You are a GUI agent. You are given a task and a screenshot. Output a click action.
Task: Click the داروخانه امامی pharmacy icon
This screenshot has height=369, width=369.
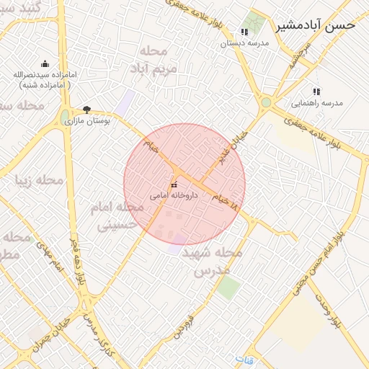174,186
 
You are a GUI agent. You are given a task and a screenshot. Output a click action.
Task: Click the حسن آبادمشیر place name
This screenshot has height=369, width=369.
316,25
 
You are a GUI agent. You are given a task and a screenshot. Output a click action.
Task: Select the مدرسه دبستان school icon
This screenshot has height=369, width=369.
244,32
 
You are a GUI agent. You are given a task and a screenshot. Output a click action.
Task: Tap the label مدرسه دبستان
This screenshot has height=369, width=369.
244,43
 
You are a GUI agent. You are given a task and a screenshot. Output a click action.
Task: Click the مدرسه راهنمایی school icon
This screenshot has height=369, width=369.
316,92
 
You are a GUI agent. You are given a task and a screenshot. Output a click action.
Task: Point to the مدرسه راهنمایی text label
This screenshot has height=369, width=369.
316,103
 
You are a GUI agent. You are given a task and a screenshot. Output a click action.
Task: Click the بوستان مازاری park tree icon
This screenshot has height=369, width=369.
87,110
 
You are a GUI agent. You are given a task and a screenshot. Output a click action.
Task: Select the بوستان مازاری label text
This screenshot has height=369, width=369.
87,121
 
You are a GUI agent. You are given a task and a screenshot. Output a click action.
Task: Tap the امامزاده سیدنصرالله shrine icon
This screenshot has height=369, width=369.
45,63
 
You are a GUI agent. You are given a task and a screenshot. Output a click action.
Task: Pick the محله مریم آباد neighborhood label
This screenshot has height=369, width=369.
154,61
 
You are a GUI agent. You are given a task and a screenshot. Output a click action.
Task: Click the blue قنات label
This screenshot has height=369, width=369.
245,358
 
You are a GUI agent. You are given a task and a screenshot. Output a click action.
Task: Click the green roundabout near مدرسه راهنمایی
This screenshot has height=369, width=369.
266,102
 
